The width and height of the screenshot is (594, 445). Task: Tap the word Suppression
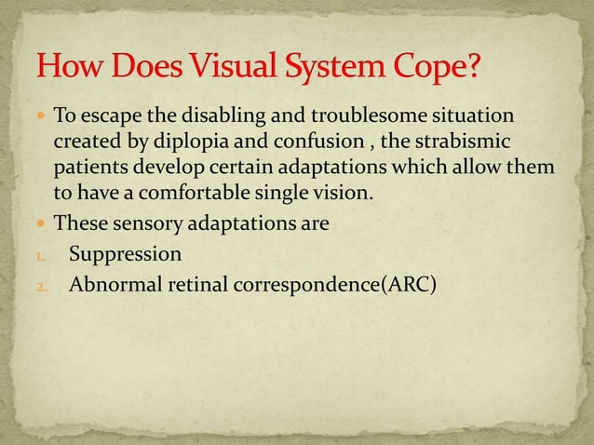[126, 253]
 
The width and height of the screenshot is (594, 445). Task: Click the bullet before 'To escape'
[42, 117]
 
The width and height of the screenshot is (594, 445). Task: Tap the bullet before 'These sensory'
[42, 224]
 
